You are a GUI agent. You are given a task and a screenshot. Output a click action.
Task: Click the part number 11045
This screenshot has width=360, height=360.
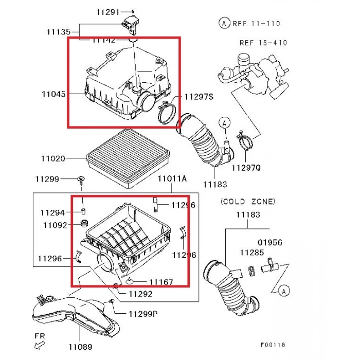(53, 94)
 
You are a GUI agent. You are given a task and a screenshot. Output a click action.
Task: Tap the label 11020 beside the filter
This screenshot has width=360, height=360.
(53, 158)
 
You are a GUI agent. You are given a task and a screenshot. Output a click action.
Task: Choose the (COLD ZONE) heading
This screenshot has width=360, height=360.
(247, 202)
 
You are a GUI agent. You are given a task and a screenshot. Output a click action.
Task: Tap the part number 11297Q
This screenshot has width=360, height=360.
(246, 168)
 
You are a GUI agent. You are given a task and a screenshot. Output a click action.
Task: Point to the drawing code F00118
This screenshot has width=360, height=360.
(272, 345)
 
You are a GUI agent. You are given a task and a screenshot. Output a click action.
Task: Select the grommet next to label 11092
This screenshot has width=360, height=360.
(82, 225)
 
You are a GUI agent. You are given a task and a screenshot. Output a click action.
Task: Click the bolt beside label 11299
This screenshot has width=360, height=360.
(81, 179)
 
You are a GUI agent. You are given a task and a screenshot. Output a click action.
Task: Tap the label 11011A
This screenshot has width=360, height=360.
(172, 178)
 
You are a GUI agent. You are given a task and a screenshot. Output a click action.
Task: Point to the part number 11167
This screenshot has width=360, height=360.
(161, 282)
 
